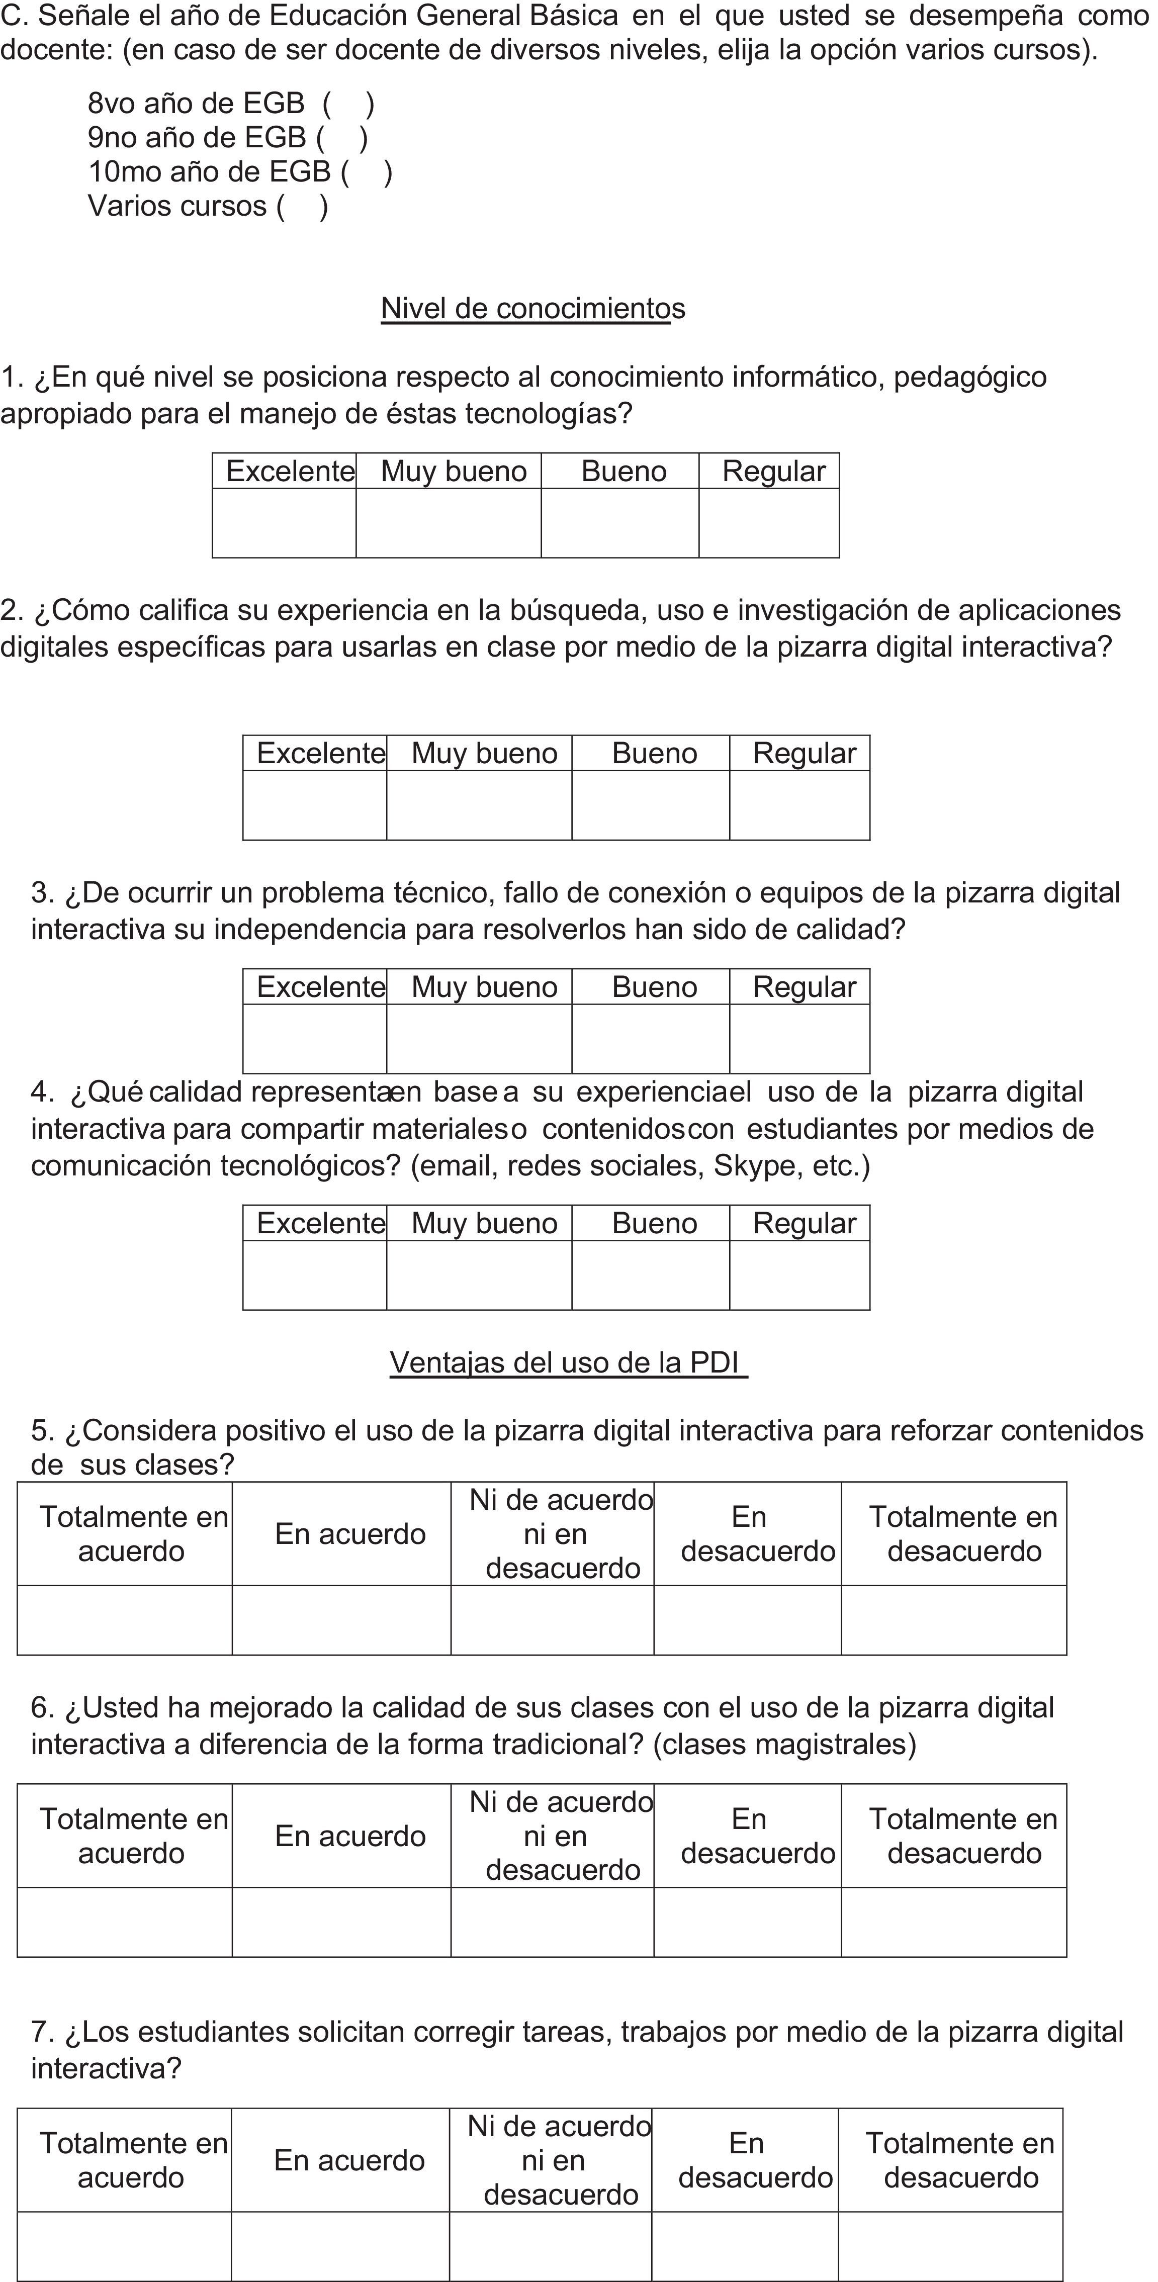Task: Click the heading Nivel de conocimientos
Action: point(532,308)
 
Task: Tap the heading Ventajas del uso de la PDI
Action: point(568,1361)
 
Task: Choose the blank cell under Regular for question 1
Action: point(768,523)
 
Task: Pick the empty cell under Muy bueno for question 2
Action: point(479,805)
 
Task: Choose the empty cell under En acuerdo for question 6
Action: point(341,1922)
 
